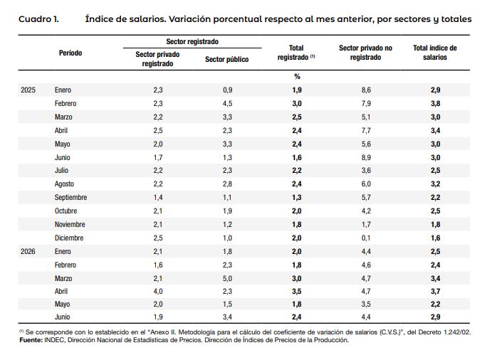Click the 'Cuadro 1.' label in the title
point(38,19)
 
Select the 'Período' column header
point(70,53)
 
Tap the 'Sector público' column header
point(226,59)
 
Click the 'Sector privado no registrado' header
point(365,53)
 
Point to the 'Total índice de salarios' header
point(435,53)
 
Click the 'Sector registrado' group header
point(192,41)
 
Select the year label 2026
point(28,251)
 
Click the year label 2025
point(28,90)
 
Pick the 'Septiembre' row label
point(70,198)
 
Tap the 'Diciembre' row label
point(69,238)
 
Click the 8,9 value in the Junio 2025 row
point(366,158)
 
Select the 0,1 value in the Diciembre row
point(366,238)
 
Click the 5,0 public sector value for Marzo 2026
point(227,279)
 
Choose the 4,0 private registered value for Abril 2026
point(158,291)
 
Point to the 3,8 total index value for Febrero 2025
point(436,104)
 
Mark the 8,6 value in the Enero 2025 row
point(366,90)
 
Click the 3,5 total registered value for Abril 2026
point(297,291)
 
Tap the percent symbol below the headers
point(297,77)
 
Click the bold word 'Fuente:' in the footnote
point(31,340)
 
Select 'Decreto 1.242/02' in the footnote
point(445,332)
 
